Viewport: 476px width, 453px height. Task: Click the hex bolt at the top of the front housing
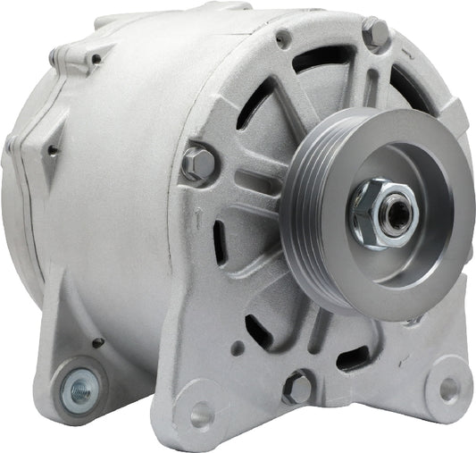coord(376,34)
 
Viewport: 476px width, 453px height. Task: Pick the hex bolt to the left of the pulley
coord(198,164)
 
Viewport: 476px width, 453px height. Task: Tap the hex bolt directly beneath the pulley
coord(297,387)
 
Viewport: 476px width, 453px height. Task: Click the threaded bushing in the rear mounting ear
coord(79,387)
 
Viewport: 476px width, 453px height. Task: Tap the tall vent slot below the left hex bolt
coord(219,240)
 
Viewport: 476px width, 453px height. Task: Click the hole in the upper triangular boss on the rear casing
coord(95,60)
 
